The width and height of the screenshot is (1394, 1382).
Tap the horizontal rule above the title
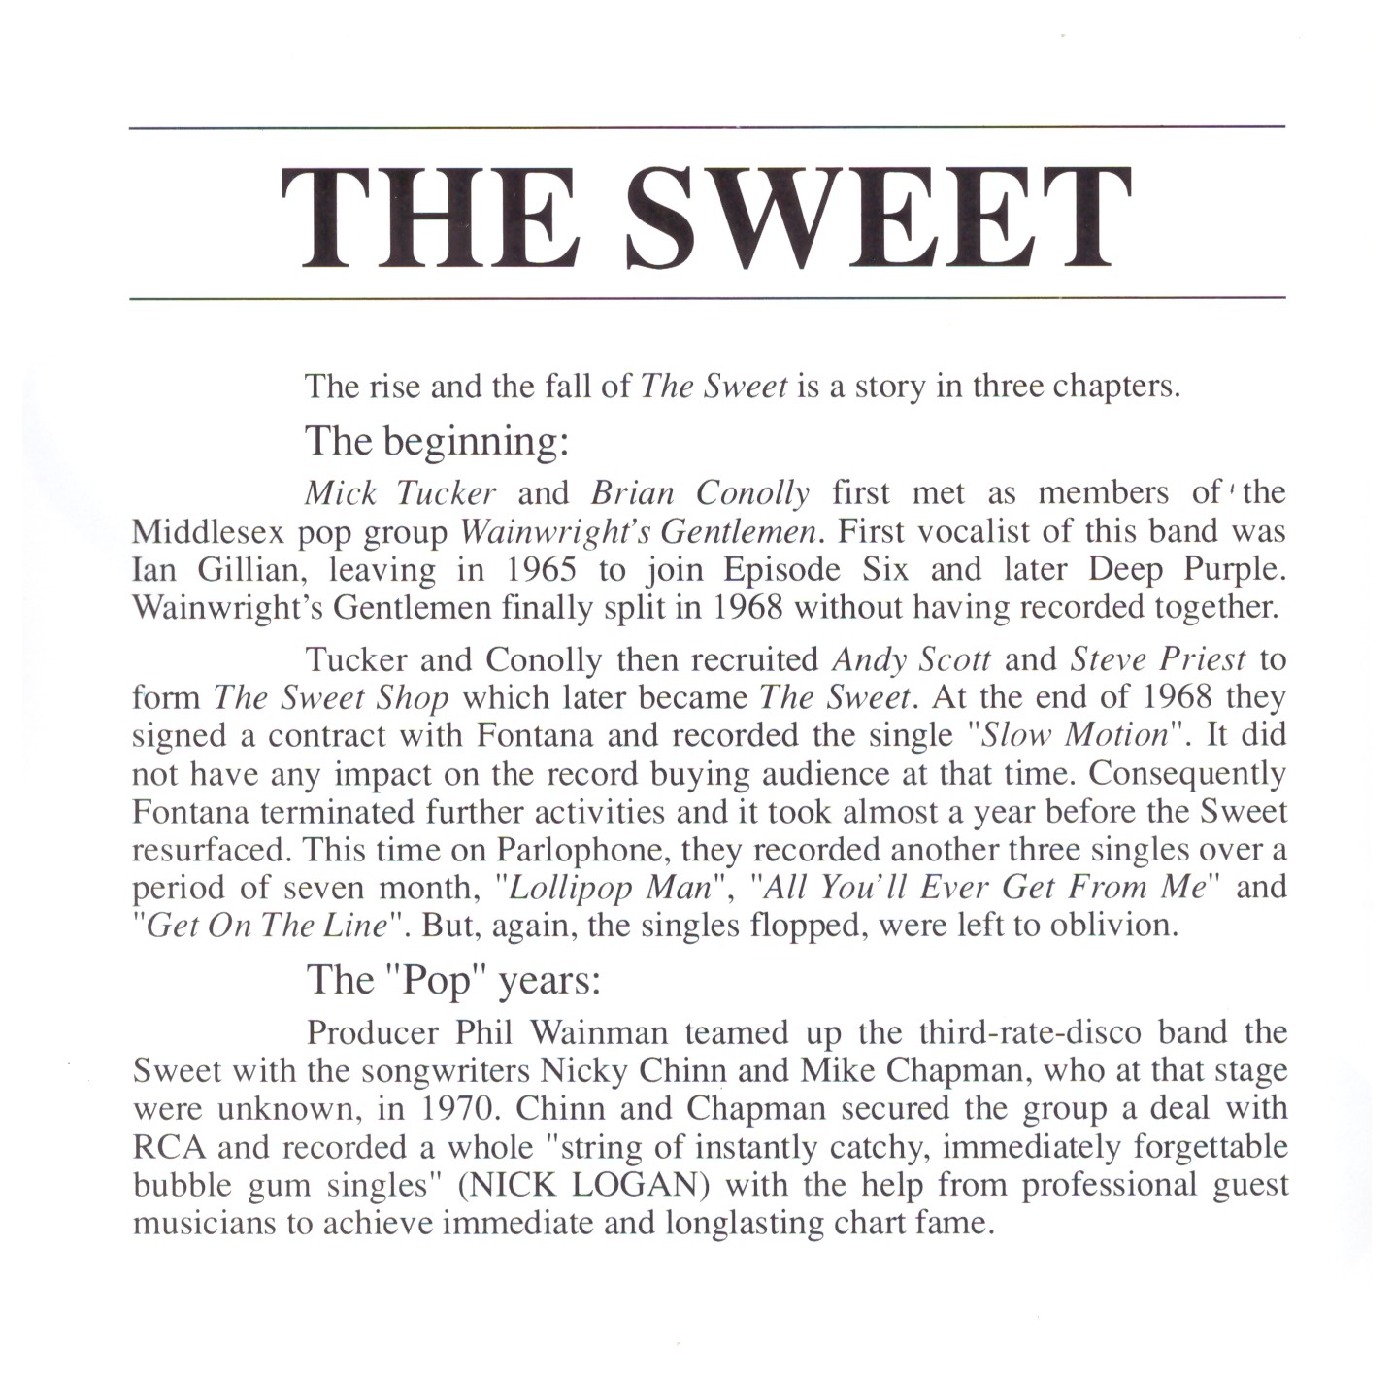click(x=707, y=127)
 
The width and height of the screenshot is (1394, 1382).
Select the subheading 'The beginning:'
click(x=437, y=442)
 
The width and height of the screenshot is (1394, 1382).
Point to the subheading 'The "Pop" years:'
click(x=454, y=980)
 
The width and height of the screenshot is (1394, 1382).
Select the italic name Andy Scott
click(x=912, y=660)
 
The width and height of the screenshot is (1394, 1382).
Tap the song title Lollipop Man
click(x=611, y=888)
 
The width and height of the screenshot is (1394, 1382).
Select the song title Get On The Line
click(x=265, y=926)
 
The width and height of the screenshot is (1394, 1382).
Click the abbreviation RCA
click(x=169, y=1147)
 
